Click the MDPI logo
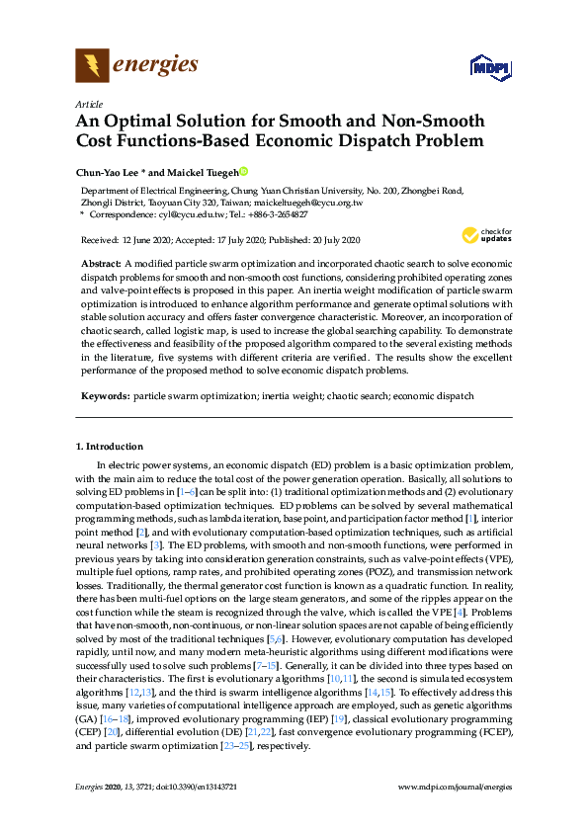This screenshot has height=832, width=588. [x=484, y=68]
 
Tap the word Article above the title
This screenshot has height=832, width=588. [x=88, y=104]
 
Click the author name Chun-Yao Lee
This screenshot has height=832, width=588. [x=111, y=170]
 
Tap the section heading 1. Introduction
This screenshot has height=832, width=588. [x=110, y=446]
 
